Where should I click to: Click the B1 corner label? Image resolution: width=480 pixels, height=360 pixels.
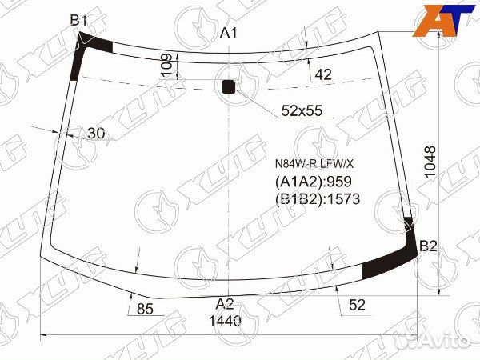tap(78, 21)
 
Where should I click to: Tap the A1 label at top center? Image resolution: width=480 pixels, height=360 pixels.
tap(228, 33)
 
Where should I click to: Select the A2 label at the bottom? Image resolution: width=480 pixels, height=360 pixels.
tap(225, 304)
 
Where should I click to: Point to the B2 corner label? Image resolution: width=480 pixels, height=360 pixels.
tap(428, 246)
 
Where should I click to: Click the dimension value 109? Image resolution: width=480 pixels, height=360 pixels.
tap(166, 66)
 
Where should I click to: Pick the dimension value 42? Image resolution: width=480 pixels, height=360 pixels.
tap(323, 74)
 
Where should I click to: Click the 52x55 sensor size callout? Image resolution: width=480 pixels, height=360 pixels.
tap(302, 110)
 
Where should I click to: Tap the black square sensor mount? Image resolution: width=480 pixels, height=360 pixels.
tap(228, 86)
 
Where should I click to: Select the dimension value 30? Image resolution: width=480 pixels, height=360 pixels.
tap(96, 133)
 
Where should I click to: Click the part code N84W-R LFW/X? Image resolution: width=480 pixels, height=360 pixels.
tap(314, 164)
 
